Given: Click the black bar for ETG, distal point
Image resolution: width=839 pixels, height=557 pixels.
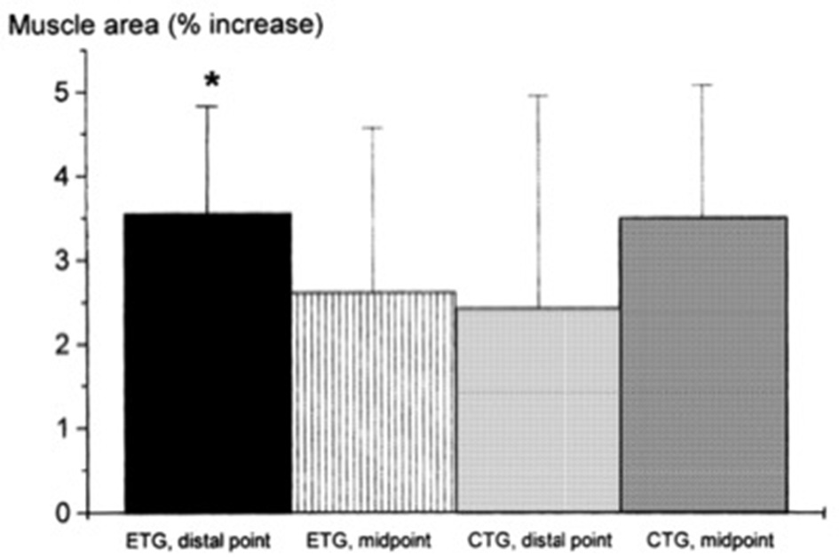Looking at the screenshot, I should click(x=208, y=363).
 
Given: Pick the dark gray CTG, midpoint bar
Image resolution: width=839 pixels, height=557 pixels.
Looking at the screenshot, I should click(x=703, y=365).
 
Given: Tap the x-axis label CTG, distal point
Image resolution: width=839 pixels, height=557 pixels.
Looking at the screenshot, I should click(x=538, y=538).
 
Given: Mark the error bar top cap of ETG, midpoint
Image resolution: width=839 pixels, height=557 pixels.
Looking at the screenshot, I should click(x=374, y=128).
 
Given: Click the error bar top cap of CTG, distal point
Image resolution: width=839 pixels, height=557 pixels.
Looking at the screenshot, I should click(x=538, y=95).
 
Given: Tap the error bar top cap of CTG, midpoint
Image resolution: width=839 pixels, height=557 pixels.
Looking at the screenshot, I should click(x=703, y=85).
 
